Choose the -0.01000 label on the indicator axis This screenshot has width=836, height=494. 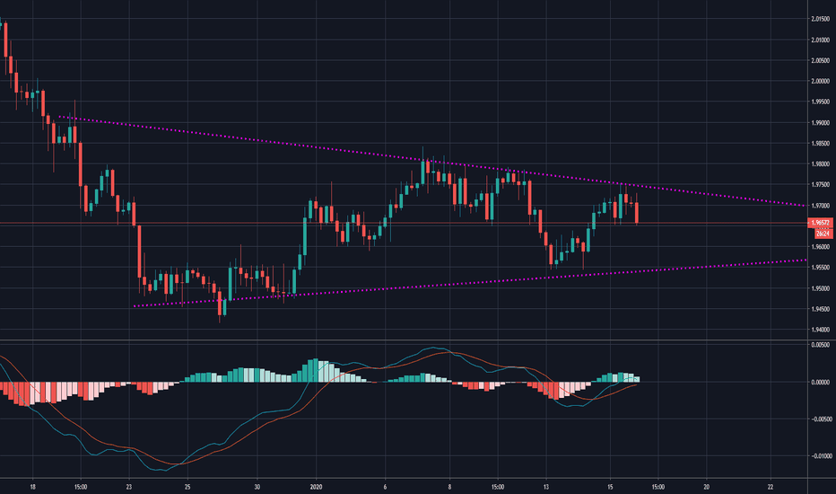pos(817,455)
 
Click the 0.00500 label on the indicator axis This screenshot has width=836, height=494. pos(818,345)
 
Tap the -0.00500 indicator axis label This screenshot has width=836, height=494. pos(817,419)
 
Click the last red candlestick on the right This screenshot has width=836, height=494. pos(637,213)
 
